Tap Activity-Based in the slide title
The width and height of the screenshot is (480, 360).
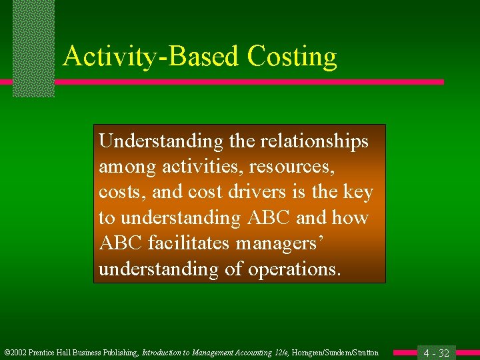click(x=153, y=57)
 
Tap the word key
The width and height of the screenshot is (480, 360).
click(x=358, y=193)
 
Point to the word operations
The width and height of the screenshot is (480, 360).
click(x=295, y=269)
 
